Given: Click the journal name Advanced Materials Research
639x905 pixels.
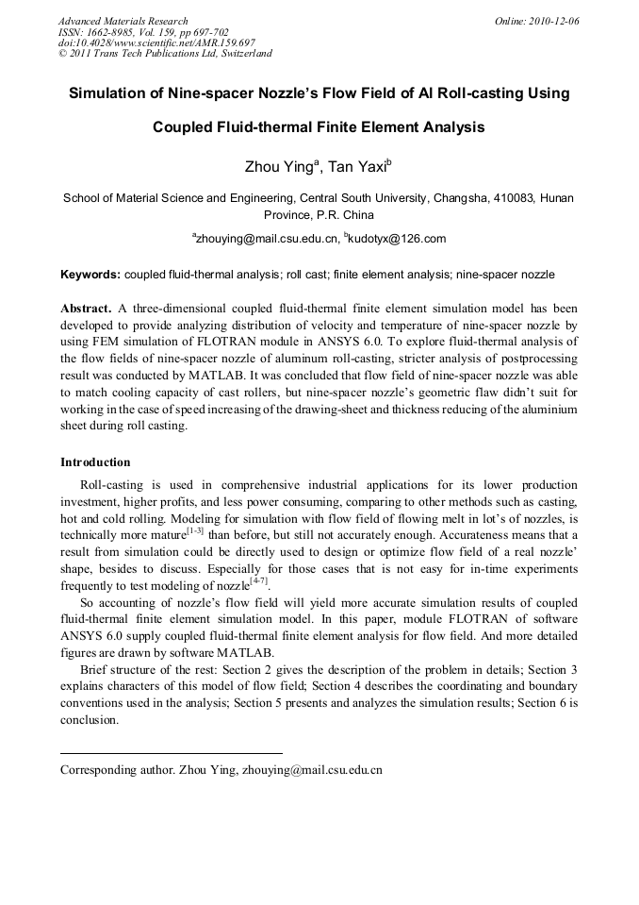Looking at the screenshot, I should pyautogui.click(x=123, y=21).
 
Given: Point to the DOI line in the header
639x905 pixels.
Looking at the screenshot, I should pyautogui.click(x=156, y=42).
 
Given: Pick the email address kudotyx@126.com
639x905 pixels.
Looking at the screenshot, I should pyautogui.click(x=396, y=239).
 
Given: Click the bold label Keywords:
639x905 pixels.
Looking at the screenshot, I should pyautogui.click(x=90, y=275).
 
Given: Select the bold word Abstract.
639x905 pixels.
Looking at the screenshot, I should pyautogui.click(x=87, y=309).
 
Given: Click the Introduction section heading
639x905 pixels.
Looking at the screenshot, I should pyautogui.click(x=95, y=462).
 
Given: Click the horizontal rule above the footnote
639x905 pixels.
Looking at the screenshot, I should pyautogui.click(x=170, y=753).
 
